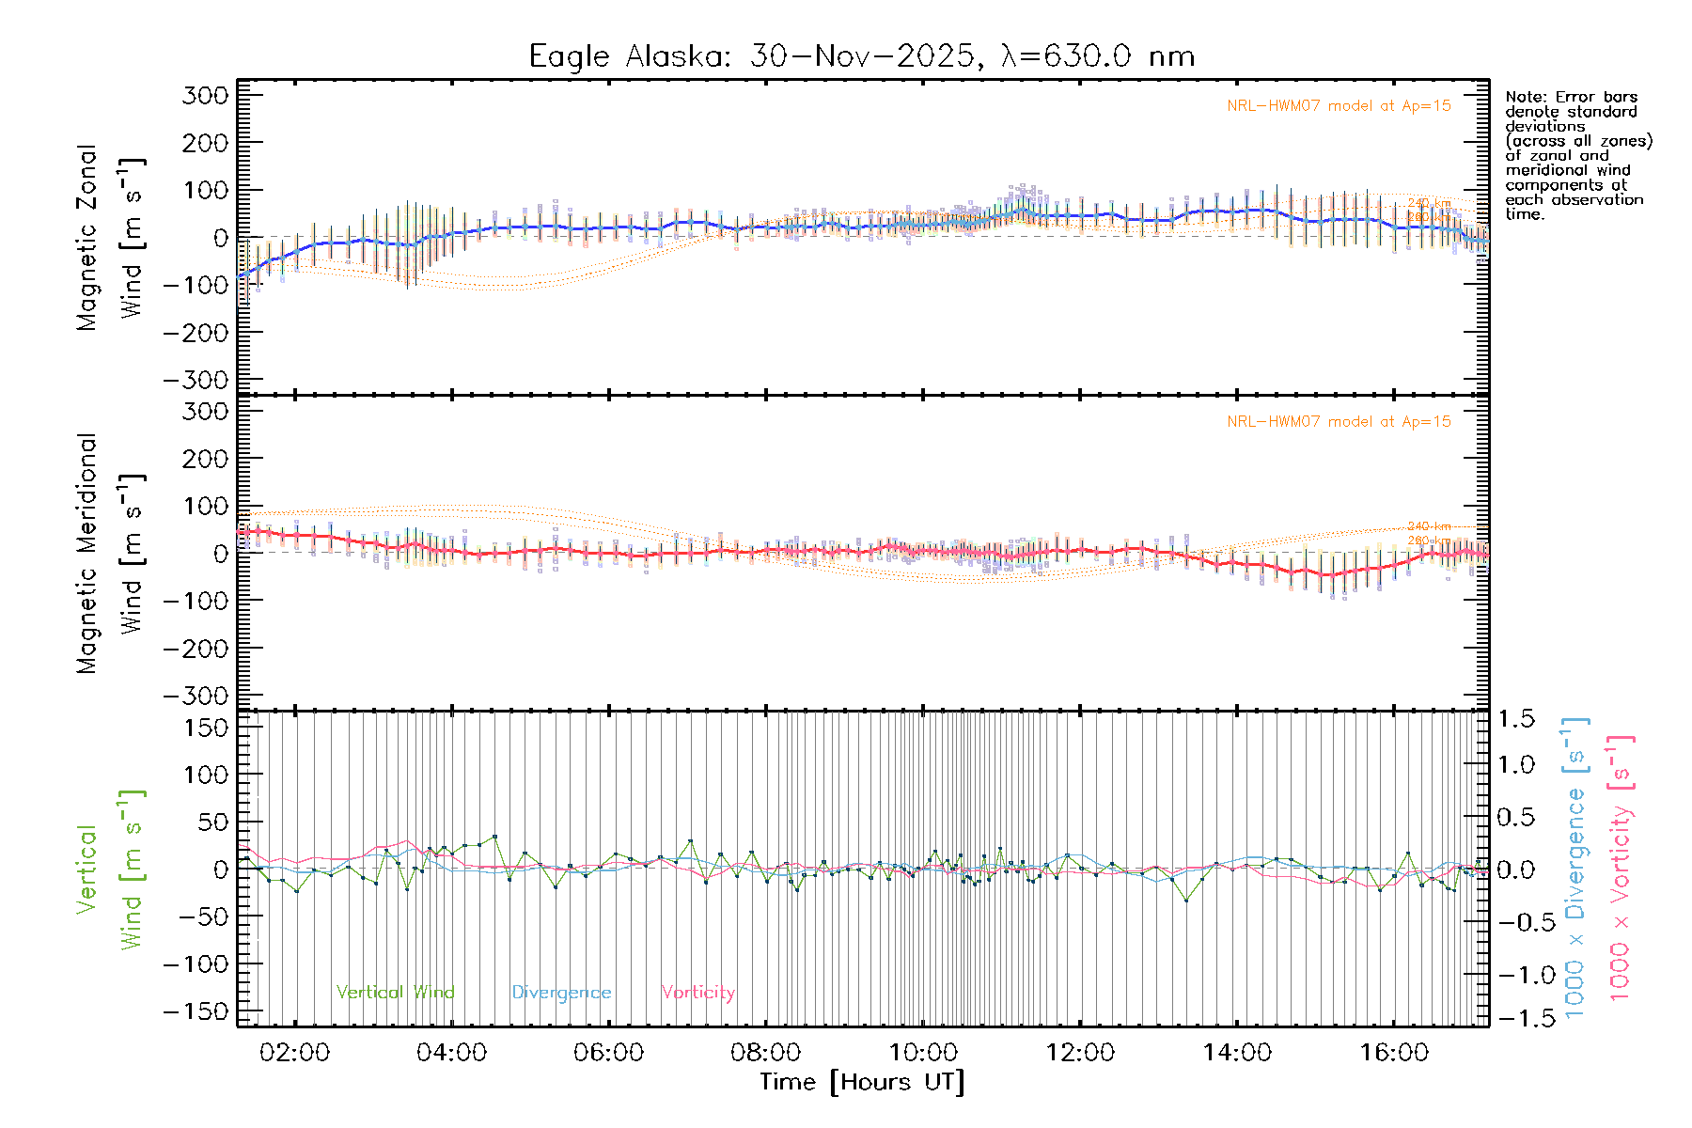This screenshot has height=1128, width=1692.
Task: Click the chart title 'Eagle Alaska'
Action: [x=629, y=56]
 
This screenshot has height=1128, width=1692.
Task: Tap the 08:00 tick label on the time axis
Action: [x=766, y=1053]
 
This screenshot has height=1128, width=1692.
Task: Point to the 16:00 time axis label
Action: [x=1394, y=1053]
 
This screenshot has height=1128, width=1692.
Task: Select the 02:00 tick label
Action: [x=294, y=1053]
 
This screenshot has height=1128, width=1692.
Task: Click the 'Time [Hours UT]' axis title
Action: [x=862, y=1083]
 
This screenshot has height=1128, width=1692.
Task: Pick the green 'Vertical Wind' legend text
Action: [x=395, y=993]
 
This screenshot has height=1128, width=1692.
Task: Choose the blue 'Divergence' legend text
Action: [x=561, y=993]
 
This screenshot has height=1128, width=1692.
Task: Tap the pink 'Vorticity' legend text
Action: [x=697, y=993]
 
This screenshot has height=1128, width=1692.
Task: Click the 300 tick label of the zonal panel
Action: [x=205, y=95]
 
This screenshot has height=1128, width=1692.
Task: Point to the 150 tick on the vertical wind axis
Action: [x=205, y=728]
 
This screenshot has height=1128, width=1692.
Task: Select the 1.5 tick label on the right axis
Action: [x=1515, y=719]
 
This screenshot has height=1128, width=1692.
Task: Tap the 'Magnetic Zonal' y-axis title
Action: [x=87, y=237]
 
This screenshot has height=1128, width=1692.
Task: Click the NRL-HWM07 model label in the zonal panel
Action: [x=1339, y=106]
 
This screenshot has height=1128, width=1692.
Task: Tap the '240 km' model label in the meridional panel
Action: [x=1429, y=526]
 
